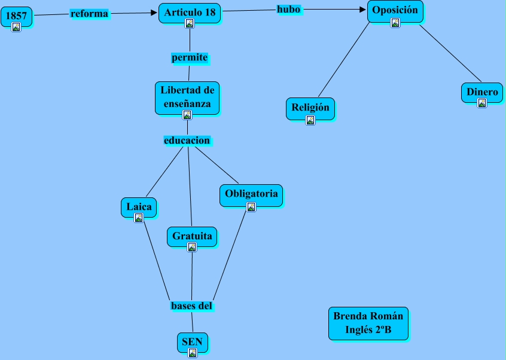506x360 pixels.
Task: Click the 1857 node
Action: [x=16, y=16]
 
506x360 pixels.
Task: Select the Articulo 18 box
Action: [x=190, y=12]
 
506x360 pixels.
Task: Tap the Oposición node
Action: [x=395, y=11]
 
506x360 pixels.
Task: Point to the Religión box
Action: [x=310, y=108]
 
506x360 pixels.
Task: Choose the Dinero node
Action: [x=482, y=93]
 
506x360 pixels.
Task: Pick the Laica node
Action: [x=139, y=207]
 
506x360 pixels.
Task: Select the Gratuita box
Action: [x=192, y=236]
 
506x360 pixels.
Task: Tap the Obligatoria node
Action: [x=251, y=194]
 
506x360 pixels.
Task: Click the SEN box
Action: [x=193, y=342]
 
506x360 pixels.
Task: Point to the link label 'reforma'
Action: [x=89, y=13]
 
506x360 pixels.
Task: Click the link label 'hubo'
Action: [x=288, y=9]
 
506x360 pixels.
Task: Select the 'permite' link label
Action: [x=190, y=58]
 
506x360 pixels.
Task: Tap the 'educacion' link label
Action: [x=187, y=141]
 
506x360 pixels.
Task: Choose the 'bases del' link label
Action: [x=191, y=306]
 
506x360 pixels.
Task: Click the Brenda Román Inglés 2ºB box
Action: [x=368, y=324]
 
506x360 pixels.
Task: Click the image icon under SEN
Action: [x=193, y=353]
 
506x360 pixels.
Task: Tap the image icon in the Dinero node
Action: [x=482, y=103]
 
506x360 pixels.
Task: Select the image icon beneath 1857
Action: [x=16, y=27]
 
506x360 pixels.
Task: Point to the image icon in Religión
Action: [x=310, y=120]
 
